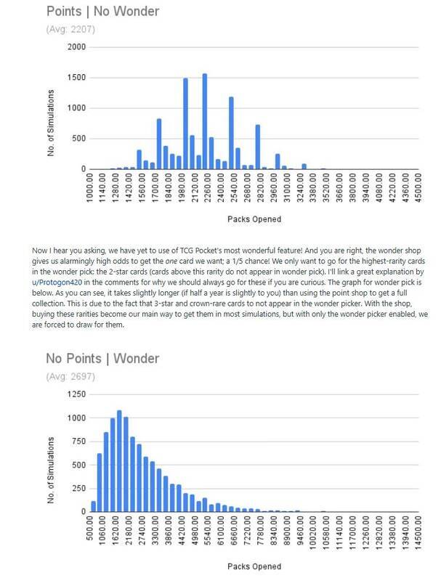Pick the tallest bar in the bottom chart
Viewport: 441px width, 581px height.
[x=119, y=460]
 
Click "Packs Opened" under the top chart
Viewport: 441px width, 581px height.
[x=251, y=219]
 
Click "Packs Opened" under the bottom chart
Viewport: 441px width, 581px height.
[x=251, y=566]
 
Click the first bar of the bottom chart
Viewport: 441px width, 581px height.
[x=93, y=505]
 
